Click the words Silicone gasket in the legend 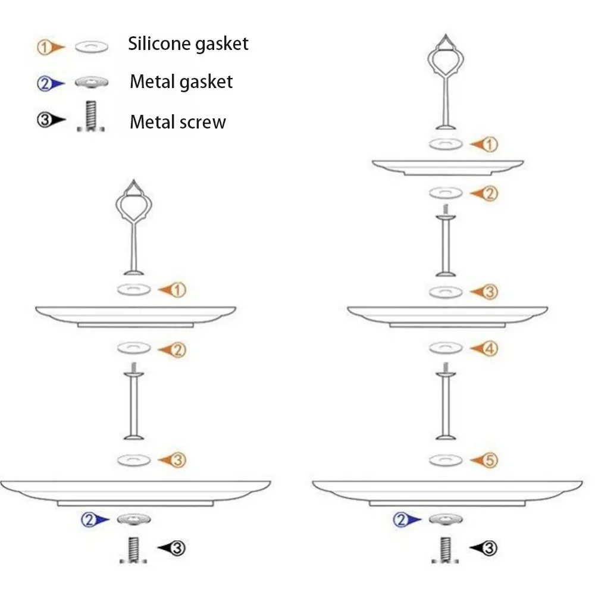(188, 43)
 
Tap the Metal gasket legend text (181, 82)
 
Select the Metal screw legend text (178, 122)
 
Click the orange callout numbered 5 (488, 460)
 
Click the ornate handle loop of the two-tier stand (135, 205)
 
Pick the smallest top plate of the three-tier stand (447, 167)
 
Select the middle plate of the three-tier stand (447, 315)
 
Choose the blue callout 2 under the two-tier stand (89, 520)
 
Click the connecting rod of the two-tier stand (134, 405)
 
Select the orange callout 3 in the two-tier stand (177, 460)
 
